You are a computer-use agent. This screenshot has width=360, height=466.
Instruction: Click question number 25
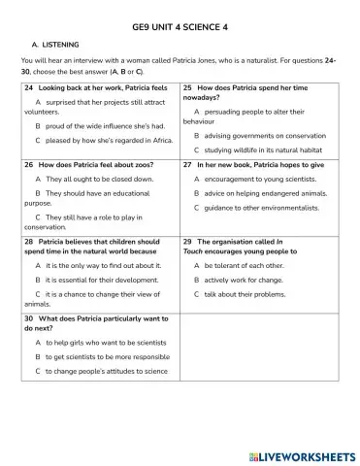tap(188, 87)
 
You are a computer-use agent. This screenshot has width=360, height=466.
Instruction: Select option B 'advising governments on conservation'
tap(257, 137)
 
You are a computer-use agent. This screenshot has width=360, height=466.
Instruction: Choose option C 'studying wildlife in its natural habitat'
tap(259, 150)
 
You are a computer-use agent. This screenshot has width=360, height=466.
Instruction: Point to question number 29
tap(188, 240)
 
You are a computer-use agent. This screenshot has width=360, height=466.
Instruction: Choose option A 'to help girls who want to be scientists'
tap(102, 343)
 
